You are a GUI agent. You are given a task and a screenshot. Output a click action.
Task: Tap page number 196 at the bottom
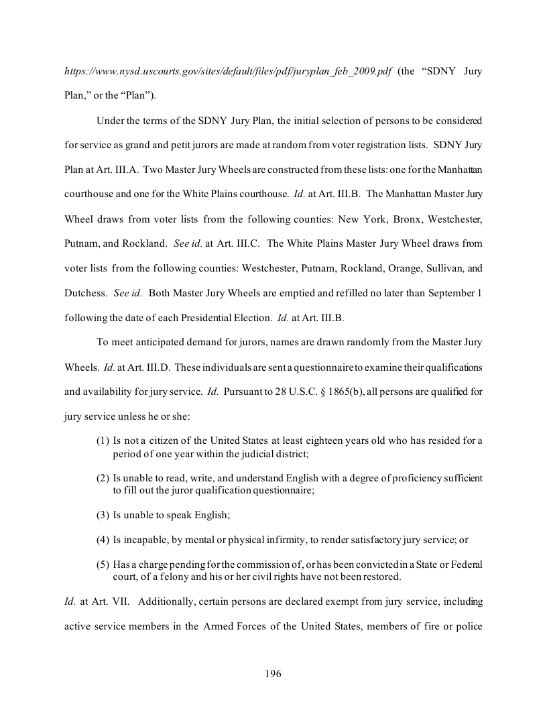[273, 674]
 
